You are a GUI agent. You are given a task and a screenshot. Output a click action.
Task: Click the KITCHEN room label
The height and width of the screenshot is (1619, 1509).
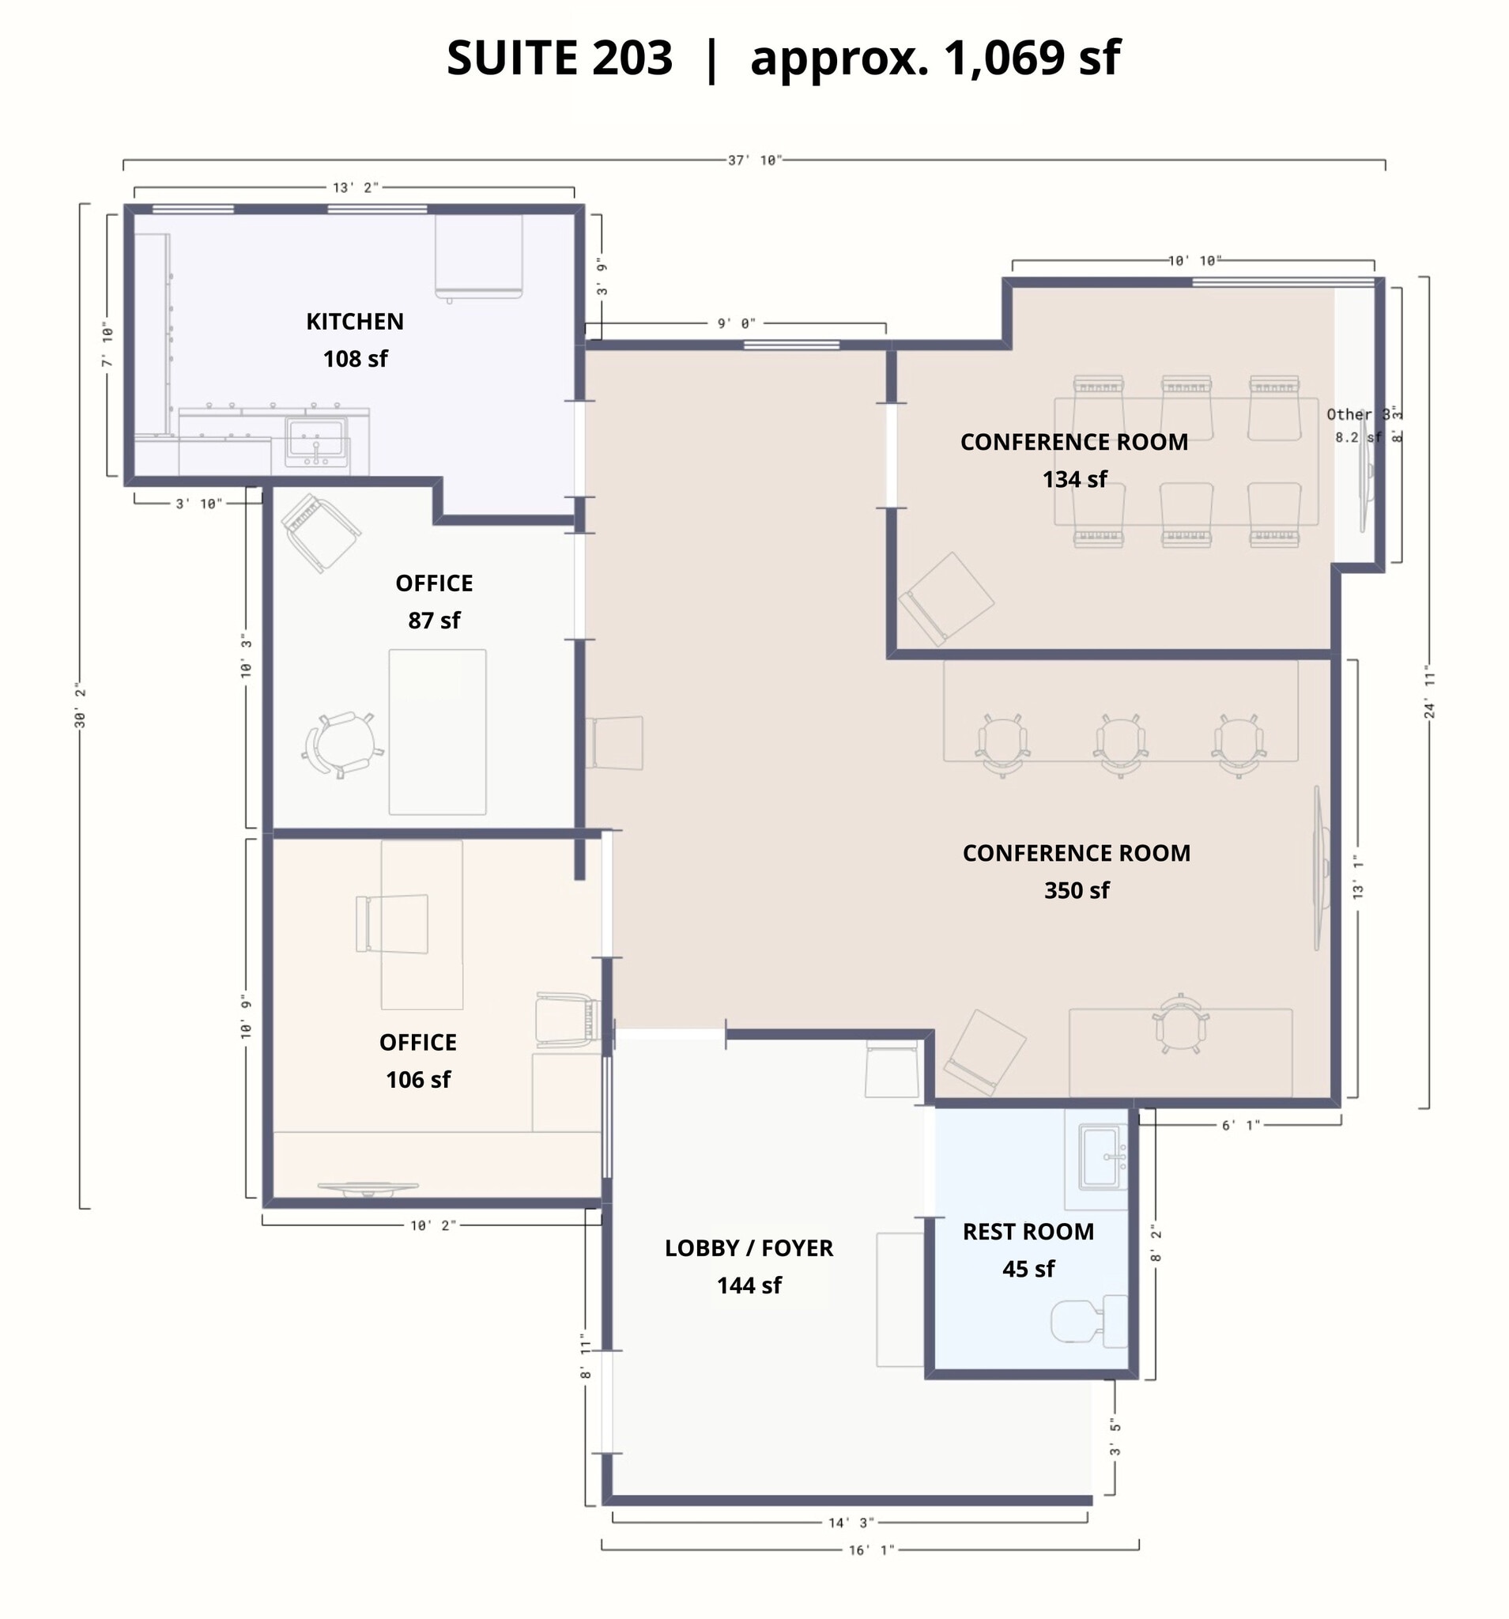point(354,322)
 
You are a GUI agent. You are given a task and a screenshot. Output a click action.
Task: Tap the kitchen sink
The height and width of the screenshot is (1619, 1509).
point(316,440)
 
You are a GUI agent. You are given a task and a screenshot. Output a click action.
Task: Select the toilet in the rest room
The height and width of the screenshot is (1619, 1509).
point(1082,1320)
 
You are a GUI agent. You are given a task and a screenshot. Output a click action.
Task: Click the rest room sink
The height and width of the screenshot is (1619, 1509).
point(1101,1156)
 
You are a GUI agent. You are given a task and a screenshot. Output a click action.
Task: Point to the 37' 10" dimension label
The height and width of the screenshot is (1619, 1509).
point(754,160)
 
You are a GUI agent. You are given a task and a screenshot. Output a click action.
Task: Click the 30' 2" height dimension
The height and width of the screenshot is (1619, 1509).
point(80,705)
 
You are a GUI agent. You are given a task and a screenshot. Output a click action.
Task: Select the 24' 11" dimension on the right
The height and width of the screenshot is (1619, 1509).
point(1429,692)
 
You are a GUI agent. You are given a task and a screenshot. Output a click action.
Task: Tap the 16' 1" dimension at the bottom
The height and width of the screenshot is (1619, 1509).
point(870,1549)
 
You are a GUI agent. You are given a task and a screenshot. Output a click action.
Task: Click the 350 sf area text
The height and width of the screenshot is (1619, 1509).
point(1076,890)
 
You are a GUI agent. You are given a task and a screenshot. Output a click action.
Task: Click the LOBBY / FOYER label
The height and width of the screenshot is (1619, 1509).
point(749,1247)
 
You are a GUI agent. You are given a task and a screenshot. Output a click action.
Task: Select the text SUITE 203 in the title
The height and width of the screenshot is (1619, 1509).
point(560,58)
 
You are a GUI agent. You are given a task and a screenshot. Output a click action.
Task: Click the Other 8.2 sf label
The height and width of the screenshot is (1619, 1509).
point(1355,425)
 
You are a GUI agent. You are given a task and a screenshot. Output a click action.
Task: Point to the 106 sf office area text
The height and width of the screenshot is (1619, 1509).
point(418,1080)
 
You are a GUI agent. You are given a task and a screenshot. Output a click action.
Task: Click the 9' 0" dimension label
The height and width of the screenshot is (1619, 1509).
point(736,324)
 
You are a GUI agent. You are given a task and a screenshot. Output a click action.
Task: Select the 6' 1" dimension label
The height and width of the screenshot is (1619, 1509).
point(1240,1125)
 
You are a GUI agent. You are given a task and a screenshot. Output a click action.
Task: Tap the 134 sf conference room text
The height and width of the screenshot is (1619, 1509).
point(1074,479)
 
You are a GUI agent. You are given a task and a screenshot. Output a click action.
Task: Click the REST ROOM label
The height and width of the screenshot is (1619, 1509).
point(1028,1232)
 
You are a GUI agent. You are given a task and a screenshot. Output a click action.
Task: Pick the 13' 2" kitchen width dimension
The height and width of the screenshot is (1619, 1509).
point(355,188)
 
